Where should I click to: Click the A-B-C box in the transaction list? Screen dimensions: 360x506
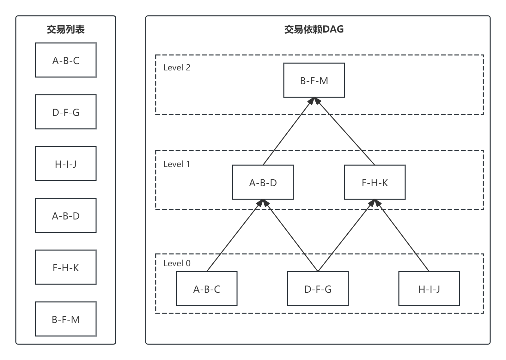pyautogui.click(x=65, y=60)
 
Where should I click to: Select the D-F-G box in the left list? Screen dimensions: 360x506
pyautogui.click(x=65, y=112)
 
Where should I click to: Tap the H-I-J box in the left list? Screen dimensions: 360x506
pyautogui.click(x=65, y=164)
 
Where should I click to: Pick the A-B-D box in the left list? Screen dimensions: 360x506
pyautogui.click(x=65, y=215)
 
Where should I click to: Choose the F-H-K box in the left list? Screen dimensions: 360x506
pyautogui.click(x=65, y=267)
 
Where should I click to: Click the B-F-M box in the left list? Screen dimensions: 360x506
pyautogui.click(x=65, y=319)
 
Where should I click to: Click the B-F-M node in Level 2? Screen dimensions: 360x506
pyautogui.click(x=314, y=80)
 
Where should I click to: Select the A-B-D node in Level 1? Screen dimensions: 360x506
pyautogui.click(x=263, y=182)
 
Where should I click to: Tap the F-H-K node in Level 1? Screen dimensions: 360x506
pyautogui.click(x=375, y=182)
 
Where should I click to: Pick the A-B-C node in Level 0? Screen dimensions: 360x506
pyautogui.click(x=206, y=289)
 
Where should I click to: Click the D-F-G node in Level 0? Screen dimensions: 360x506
pyautogui.click(x=318, y=289)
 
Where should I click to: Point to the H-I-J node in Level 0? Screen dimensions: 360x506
pyautogui.click(x=429, y=289)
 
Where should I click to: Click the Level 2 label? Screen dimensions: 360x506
pyautogui.click(x=177, y=68)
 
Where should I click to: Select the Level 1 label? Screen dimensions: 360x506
pyautogui.click(x=177, y=164)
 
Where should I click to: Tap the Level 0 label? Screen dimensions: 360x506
pyautogui.click(x=177, y=263)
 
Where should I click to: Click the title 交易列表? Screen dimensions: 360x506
pyautogui.click(x=65, y=29)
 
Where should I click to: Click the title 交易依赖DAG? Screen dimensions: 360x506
pyautogui.click(x=314, y=29)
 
